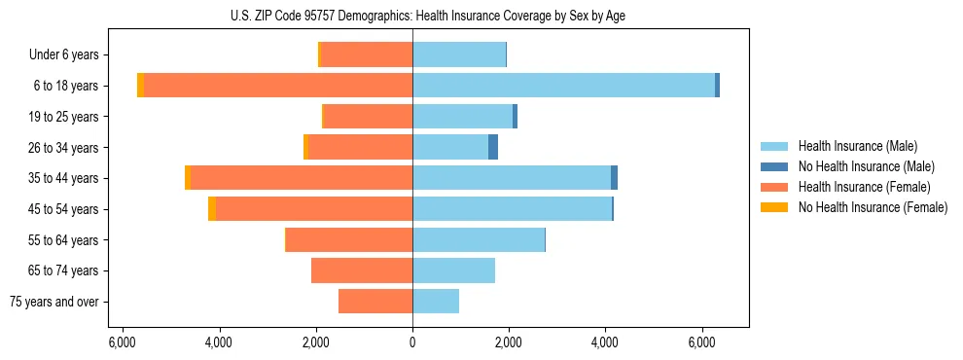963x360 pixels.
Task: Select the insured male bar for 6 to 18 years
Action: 563,86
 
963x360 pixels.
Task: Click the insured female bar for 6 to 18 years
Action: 278,86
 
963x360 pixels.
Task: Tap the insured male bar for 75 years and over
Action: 436,302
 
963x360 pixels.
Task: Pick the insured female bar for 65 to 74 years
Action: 362,270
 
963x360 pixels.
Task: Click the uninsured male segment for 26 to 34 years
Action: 493,147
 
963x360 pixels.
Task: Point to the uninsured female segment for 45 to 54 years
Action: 212,209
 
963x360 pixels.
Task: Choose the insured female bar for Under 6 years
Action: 367,54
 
